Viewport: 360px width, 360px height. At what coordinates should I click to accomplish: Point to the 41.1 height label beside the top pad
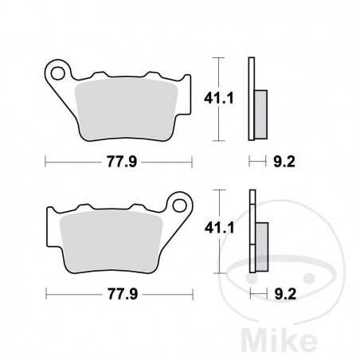(231, 99)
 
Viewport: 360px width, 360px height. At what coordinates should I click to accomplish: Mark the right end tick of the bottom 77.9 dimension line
(192, 292)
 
